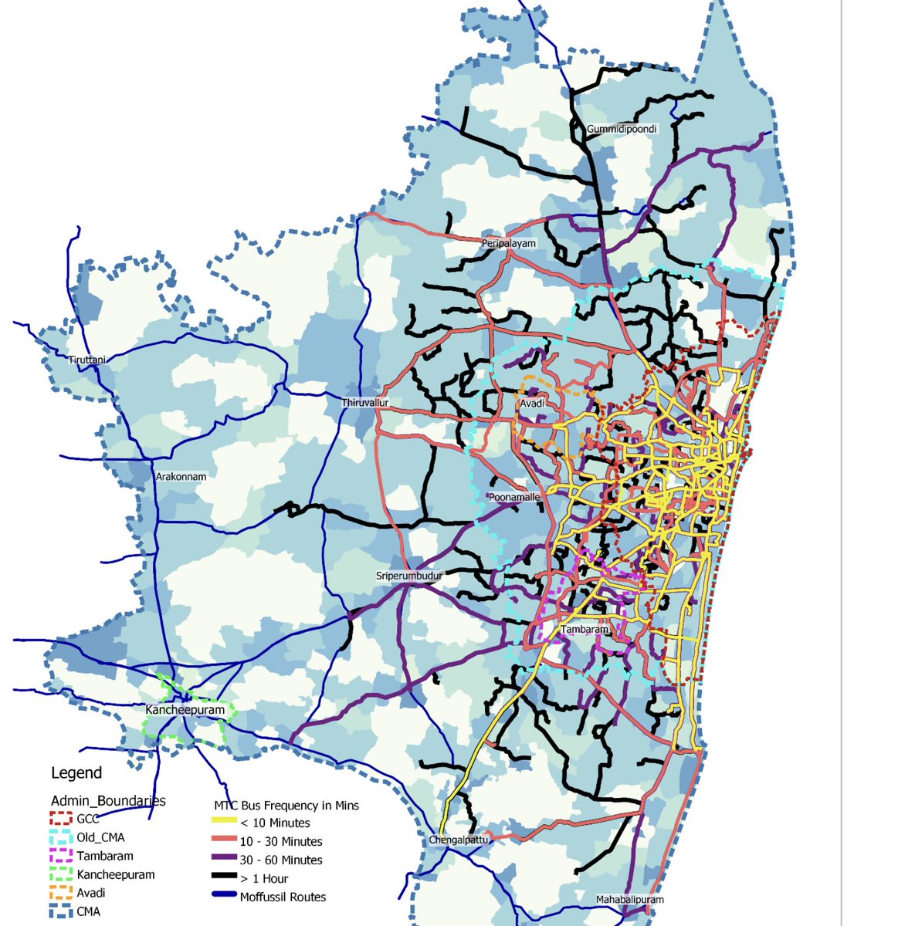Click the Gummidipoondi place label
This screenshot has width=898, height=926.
pyautogui.click(x=622, y=129)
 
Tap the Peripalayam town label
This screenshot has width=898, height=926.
pyautogui.click(x=508, y=243)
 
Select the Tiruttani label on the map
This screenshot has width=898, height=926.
pyautogui.click(x=86, y=360)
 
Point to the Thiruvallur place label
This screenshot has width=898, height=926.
pyautogui.click(x=365, y=403)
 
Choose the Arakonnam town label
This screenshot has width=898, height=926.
pyautogui.click(x=181, y=477)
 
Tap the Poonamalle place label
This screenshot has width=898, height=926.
pyautogui.click(x=514, y=498)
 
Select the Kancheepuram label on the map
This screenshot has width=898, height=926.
pyautogui.click(x=185, y=710)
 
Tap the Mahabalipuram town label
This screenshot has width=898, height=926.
pyautogui.click(x=629, y=900)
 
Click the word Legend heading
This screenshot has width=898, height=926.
pyautogui.click(x=76, y=772)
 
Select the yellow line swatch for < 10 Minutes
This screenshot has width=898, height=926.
pyautogui.click(x=223, y=823)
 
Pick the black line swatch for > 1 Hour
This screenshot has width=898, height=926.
pyautogui.click(x=223, y=879)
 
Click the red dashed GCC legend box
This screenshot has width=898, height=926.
pyautogui.click(x=61, y=819)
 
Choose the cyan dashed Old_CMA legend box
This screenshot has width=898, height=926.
pyautogui.click(x=61, y=837)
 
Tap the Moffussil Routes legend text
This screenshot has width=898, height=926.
pyautogui.click(x=283, y=897)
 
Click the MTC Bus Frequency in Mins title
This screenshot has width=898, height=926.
pyautogui.click(x=286, y=806)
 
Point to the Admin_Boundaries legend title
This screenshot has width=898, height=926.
pyautogui.click(x=108, y=800)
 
